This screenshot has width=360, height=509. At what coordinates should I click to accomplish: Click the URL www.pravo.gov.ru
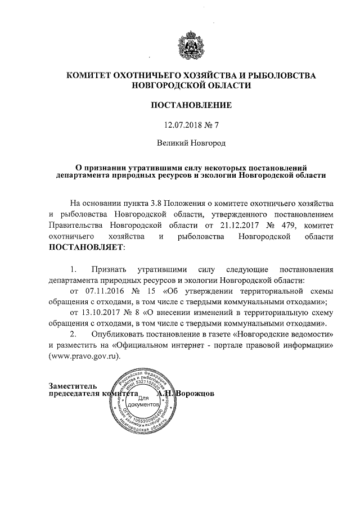pyautogui.click(x=85, y=356)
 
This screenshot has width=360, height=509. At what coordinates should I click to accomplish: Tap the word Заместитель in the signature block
pyautogui.click(x=73, y=386)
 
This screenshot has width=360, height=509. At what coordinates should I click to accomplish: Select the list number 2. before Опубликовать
pyautogui.click(x=73, y=335)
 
